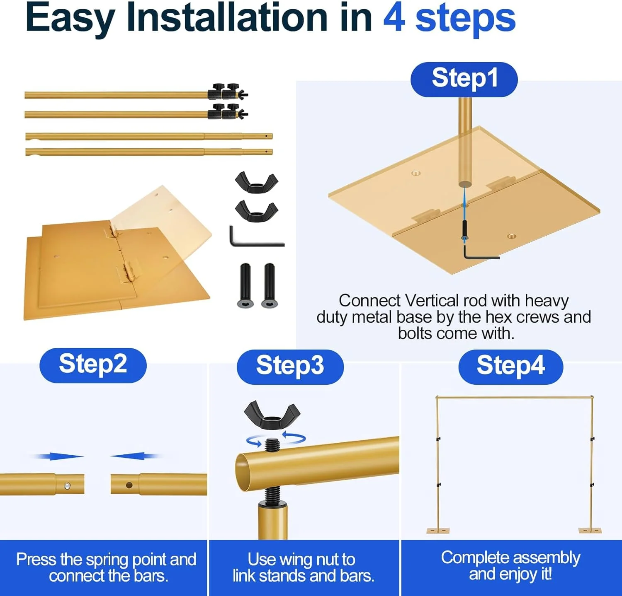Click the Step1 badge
coord(464,80)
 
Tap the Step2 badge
coord(93,365)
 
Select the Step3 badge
coord(290,367)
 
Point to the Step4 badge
coord(510,367)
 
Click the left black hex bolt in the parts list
coord(245,286)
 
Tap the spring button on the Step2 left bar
coord(67,486)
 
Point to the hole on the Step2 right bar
coord(129,485)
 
